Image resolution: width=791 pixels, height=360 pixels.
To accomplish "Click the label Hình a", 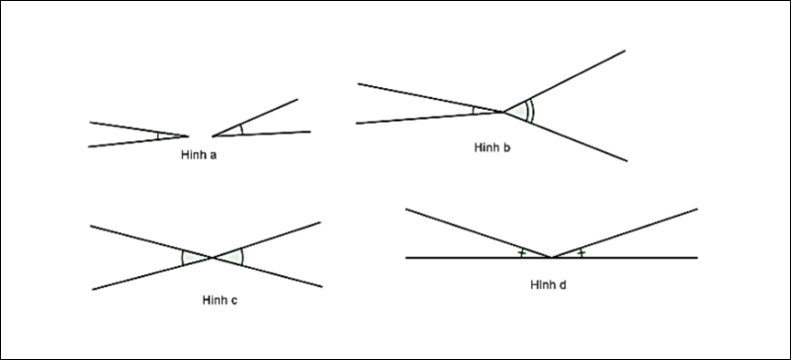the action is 199,155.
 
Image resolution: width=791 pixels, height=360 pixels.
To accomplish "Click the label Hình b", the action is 492,148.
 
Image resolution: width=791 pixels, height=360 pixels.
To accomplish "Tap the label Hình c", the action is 220,301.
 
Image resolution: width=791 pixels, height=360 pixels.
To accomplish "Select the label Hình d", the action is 549,285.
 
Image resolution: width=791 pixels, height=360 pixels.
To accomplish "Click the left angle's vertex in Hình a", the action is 188,135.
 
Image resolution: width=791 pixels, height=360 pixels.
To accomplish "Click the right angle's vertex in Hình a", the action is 213,135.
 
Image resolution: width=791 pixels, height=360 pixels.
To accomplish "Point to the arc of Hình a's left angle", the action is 158,135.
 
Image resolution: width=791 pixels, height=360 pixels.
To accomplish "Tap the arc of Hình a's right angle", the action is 241,130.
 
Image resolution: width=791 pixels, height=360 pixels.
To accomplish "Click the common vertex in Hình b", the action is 502,112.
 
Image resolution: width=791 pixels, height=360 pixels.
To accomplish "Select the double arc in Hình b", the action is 530,111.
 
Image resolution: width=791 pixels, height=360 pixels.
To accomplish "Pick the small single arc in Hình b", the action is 474,110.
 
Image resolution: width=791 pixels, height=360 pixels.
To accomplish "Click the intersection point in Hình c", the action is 213,257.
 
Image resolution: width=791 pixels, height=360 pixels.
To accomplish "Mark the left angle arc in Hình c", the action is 182,257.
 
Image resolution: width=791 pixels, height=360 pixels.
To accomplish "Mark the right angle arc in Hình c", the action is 242,256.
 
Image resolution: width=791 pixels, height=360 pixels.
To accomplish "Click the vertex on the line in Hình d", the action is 552,257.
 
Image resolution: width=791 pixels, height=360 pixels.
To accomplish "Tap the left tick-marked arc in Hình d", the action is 522,252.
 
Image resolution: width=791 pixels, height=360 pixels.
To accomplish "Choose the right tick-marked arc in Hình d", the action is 581,252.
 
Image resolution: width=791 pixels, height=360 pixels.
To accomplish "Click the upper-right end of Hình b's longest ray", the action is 625,50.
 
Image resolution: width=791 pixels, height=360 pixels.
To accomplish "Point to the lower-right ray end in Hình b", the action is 627,161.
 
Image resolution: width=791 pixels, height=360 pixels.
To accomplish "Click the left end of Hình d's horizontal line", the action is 406,258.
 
